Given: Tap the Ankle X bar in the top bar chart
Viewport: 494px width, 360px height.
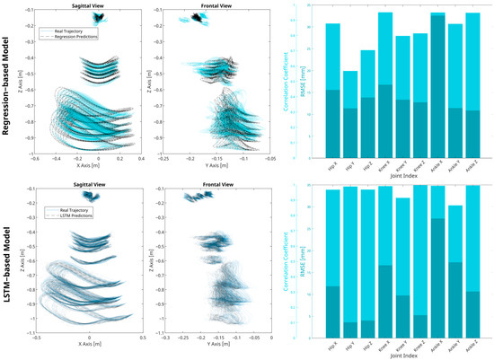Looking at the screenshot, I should pos(437,81).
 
